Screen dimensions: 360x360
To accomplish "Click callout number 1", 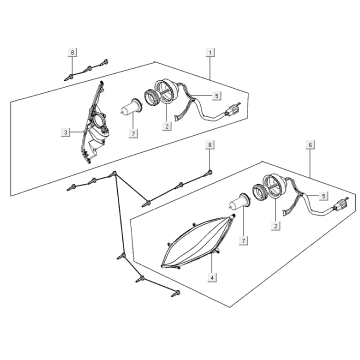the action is [x=210, y=52].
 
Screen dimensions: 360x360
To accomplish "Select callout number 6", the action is [x=310, y=145].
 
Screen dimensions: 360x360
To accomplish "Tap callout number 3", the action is [x=65, y=132].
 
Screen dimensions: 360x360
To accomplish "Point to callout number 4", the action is [x=212, y=277].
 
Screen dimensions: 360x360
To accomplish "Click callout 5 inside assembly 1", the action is [x=217, y=96].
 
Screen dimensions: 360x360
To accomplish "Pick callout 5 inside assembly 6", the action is [x=323, y=196].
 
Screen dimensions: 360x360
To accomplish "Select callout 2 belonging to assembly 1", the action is [x=167, y=126].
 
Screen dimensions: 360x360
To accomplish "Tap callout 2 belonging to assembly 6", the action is [x=276, y=226].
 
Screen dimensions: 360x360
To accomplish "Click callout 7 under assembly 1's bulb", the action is [x=133, y=133].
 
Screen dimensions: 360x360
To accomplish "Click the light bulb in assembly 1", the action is [x=131, y=107].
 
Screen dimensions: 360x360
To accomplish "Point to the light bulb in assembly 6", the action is [x=239, y=201].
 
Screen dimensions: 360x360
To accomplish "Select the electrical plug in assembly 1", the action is [x=234, y=110].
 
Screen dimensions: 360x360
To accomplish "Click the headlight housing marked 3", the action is [x=94, y=122].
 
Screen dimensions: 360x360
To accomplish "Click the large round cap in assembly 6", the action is [x=274, y=186].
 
